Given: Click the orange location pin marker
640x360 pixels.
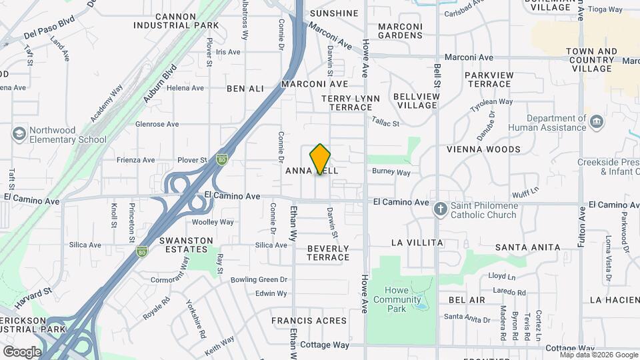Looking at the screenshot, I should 321,159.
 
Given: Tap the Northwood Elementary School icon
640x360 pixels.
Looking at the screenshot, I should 19,135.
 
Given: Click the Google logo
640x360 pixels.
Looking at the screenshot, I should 22,351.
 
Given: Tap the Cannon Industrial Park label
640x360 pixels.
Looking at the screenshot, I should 176,21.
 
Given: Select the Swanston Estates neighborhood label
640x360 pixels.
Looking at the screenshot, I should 186,245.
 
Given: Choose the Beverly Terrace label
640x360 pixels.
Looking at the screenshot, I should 328,253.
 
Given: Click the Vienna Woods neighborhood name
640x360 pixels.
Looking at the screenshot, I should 483,149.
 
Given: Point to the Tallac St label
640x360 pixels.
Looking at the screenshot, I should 385,123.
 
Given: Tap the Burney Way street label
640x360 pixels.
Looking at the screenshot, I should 391,172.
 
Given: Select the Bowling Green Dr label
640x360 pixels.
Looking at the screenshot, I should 259,280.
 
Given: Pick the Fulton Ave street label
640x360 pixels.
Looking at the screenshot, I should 581,227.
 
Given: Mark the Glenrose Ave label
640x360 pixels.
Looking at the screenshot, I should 157,124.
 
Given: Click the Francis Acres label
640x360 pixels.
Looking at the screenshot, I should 309,321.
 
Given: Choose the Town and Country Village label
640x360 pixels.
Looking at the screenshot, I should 591,60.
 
